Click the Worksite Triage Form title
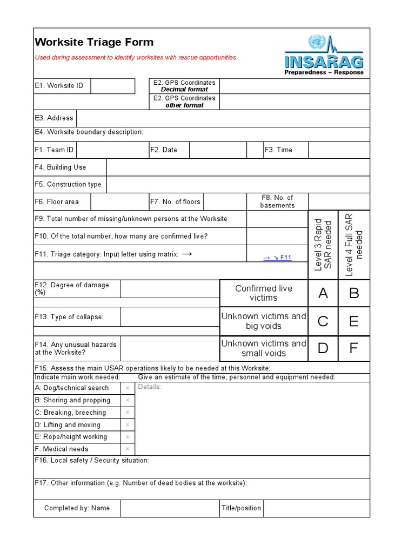coord(94,42)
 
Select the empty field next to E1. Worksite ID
coord(112,86)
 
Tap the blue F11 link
coord(277,258)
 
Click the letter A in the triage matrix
coord(323,293)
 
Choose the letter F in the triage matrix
coord(354,348)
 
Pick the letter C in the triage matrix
coord(323,321)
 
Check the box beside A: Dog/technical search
coord(128,388)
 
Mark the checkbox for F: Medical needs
coord(128,449)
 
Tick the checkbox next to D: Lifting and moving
coord(128,425)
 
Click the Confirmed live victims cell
coord(264,293)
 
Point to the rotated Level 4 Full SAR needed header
coord(354,244)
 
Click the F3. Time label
coord(278,150)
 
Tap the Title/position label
coord(241,508)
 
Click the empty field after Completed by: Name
coord(169,508)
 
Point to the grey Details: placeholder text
coord(150,387)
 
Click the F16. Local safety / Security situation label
coord(92,461)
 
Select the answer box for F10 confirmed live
coord(277,236)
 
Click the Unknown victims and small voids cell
coord(264,348)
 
